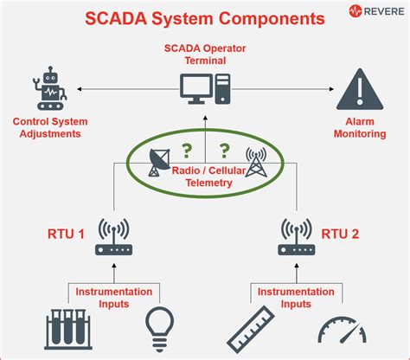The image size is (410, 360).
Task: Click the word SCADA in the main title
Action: (126, 16)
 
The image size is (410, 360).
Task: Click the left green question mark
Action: (184, 149)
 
